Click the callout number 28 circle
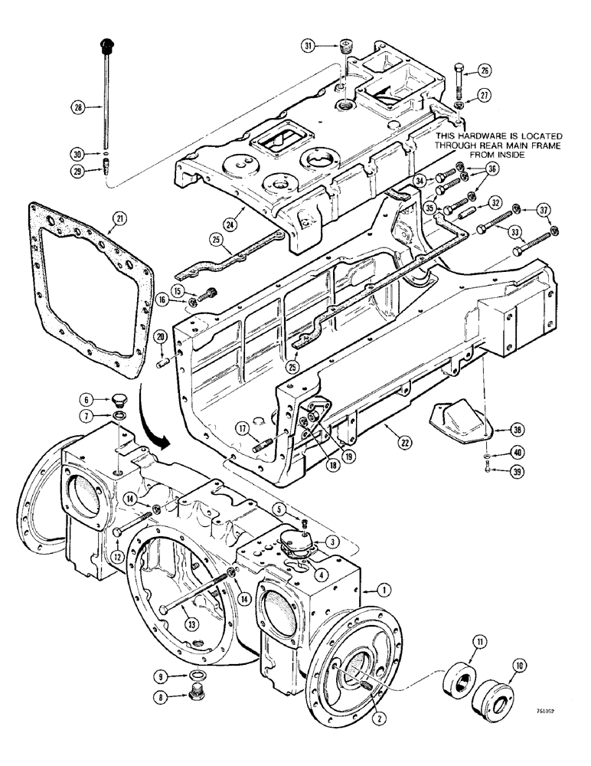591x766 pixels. coord(78,108)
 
